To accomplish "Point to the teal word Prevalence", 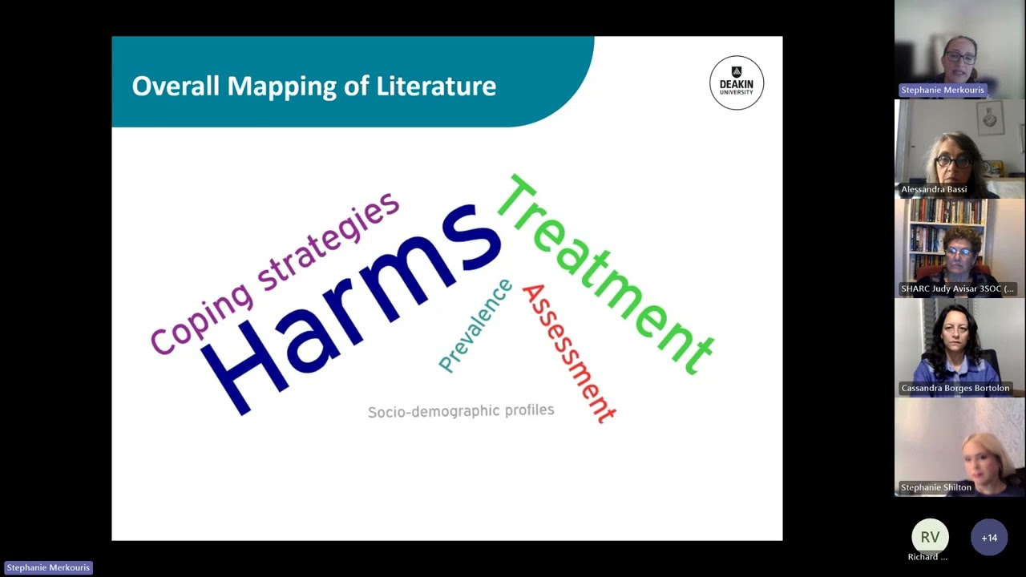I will [475, 325].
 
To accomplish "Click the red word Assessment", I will [568, 353].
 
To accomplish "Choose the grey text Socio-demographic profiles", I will [461, 411].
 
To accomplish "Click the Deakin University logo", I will [737, 83].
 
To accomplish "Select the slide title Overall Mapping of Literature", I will [313, 86].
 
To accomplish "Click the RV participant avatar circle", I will [929, 537].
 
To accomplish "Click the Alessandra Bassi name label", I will [934, 189].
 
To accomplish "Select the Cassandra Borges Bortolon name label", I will [955, 388].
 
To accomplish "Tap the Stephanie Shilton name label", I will [935, 487].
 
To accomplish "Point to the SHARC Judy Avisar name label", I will [957, 288].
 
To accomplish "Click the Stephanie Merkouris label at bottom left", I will [48, 567].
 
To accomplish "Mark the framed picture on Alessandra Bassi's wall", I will [990, 118].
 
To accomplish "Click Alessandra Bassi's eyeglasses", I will [952, 161].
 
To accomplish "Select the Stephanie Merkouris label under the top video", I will [942, 90].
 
